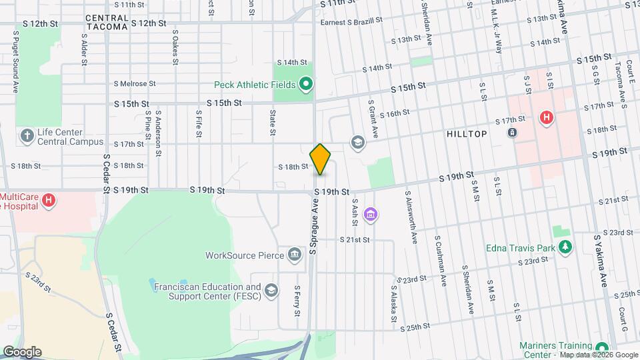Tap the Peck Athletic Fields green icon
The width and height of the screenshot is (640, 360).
(306, 84)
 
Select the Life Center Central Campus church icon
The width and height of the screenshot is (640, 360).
(27, 136)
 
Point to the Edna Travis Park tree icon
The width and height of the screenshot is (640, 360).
(565, 248)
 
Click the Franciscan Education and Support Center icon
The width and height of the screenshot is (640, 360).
(271, 290)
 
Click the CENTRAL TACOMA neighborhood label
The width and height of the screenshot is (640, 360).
(107, 22)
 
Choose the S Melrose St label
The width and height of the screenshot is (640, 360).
(134, 84)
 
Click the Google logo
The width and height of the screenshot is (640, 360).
(22, 352)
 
